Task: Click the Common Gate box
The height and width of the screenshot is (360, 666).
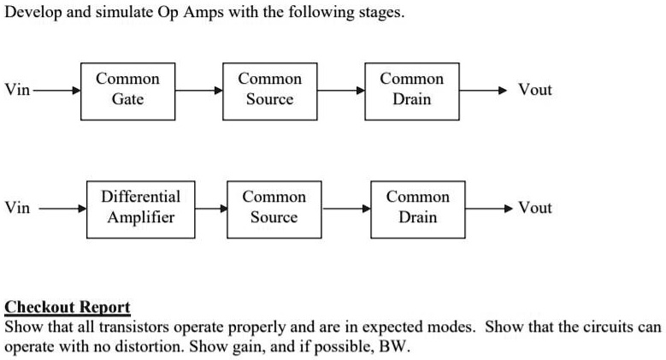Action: [127, 90]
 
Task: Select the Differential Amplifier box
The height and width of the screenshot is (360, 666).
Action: [140, 208]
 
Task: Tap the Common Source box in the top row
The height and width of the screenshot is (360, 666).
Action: [269, 90]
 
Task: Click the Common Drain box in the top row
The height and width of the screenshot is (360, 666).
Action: [411, 90]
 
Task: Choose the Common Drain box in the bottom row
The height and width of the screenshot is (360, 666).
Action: [418, 208]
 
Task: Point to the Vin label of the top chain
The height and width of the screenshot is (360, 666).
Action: [17, 90]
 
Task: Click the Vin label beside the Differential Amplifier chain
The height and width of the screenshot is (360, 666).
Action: [17, 208]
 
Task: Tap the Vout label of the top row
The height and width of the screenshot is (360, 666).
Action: [535, 90]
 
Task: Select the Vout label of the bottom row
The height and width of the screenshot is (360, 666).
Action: [535, 208]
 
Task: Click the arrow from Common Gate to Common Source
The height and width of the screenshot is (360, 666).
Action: [198, 90]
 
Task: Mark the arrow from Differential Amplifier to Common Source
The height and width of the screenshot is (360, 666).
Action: [210, 208]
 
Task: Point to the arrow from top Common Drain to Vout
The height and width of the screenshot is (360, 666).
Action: [487, 90]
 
